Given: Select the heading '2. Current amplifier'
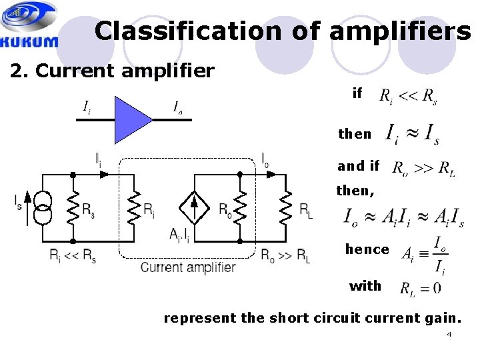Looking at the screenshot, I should coord(112,71).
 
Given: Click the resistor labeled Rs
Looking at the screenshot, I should coord(73,207).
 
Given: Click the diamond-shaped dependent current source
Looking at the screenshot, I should coord(195,207).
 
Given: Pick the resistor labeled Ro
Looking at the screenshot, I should coord(240,207).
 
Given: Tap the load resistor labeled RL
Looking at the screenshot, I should coord(286,207).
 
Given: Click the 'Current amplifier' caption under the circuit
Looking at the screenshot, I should coord(187,267).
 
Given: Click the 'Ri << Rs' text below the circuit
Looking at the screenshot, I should coord(73,255).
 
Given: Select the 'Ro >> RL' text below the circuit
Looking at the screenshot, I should coord(285,255).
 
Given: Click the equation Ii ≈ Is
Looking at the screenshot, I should coord(412,134).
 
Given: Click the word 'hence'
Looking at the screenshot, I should coord(367,249).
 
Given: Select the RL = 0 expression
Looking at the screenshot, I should coord(420,289).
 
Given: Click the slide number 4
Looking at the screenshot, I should coord(449,334).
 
